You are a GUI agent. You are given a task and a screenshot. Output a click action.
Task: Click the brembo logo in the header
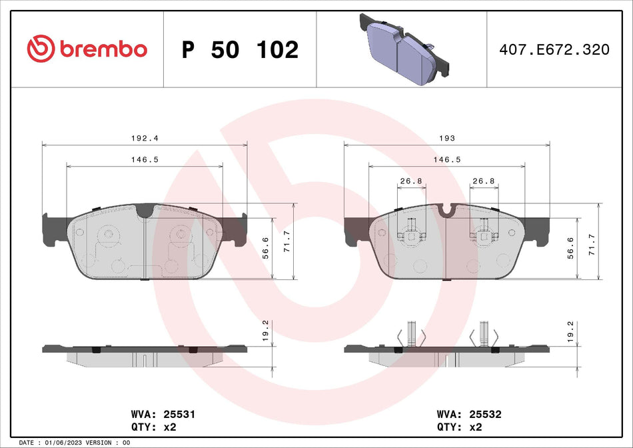(x=87, y=49)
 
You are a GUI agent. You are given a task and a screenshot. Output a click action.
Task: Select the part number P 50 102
(x=240, y=50)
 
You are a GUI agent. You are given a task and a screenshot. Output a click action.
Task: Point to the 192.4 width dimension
(x=144, y=138)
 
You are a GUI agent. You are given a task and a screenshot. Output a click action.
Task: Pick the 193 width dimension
(x=446, y=138)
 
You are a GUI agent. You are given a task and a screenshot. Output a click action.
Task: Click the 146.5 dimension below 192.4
(x=145, y=160)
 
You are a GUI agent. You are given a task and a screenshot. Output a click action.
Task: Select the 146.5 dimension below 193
(x=446, y=160)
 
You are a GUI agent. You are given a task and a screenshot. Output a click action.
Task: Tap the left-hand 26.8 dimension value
(x=411, y=181)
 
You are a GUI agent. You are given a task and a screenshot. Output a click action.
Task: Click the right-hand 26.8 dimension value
(x=483, y=181)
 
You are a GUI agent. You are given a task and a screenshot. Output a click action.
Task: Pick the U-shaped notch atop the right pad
(x=448, y=211)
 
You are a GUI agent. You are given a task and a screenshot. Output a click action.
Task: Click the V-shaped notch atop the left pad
(x=145, y=211)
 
